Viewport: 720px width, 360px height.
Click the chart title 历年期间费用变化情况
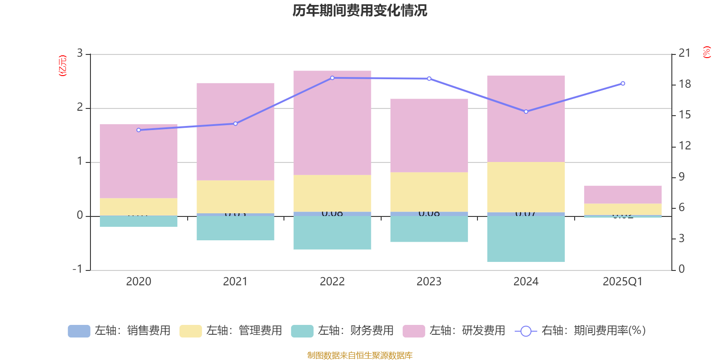point(360,10)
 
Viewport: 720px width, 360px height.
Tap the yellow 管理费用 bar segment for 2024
point(526,187)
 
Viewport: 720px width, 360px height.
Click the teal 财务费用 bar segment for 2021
point(235,228)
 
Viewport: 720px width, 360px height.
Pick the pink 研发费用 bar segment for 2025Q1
point(623,194)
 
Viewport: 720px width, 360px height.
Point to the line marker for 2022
point(333,78)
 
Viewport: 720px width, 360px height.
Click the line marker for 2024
point(526,112)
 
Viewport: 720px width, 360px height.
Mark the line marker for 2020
point(139,130)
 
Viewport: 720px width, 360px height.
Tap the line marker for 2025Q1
point(623,83)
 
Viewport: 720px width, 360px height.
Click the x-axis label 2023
point(429,282)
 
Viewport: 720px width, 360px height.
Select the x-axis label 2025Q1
point(622,282)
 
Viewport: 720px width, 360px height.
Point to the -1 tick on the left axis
point(78,269)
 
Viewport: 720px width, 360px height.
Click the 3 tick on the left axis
point(80,54)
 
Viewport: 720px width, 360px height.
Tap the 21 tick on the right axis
point(684,54)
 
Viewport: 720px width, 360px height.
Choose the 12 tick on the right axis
point(684,146)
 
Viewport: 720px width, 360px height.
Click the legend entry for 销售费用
point(119,331)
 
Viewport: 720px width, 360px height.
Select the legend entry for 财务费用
point(342,331)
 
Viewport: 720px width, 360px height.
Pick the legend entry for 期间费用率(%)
point(580,331)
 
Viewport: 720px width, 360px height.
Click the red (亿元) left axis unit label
point(63,66)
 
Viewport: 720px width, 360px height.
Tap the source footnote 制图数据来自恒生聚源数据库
point(360,355)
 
